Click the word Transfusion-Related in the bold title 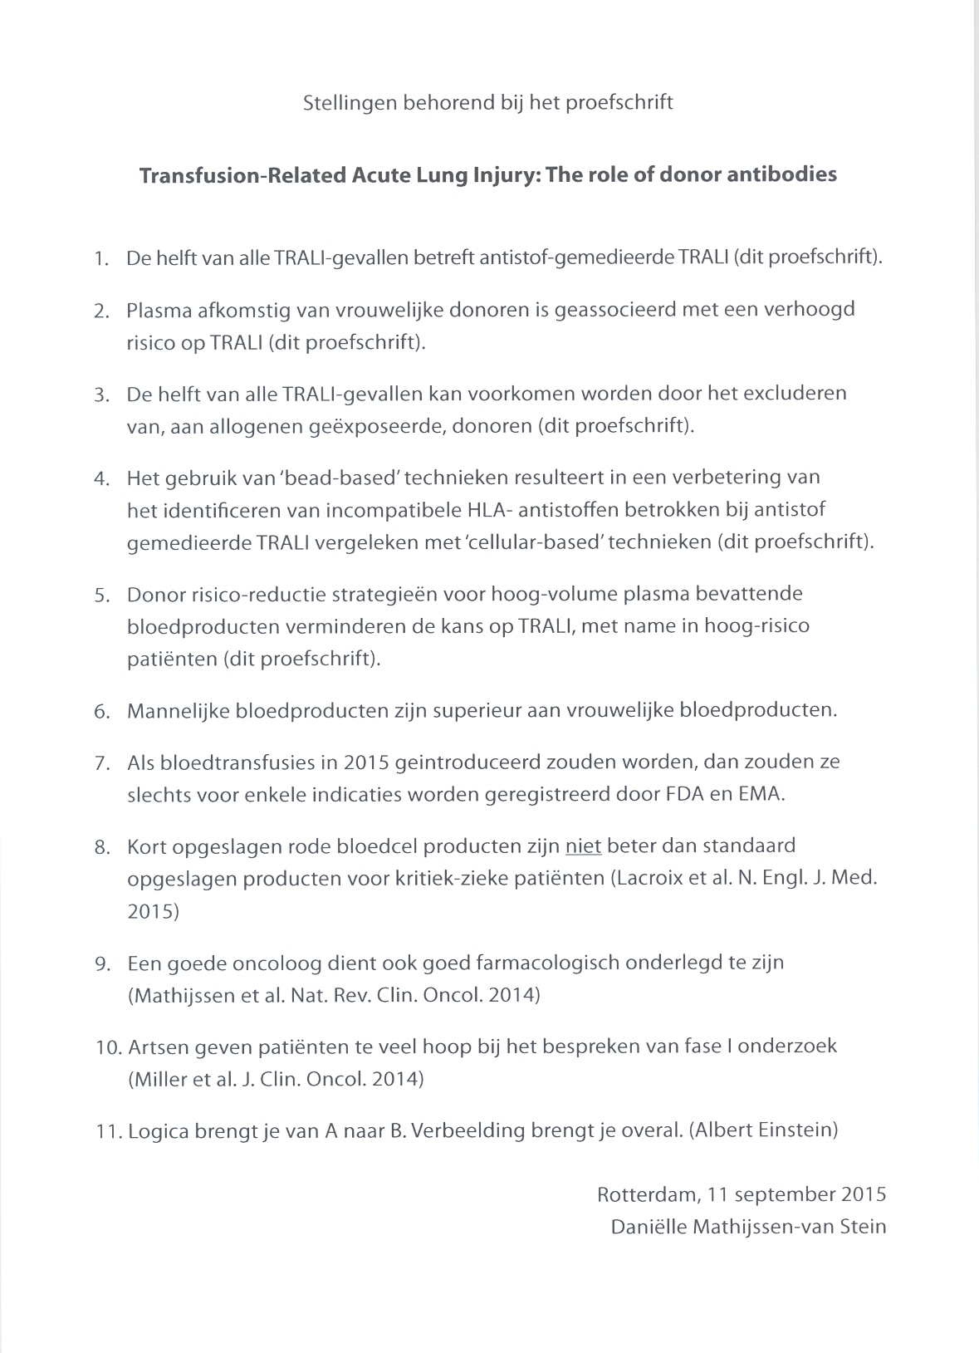pos(242,174)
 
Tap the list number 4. pos(102,479)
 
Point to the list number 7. pos(102,763)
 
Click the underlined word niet pos(582,846)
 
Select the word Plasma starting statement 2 pos(159,310)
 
